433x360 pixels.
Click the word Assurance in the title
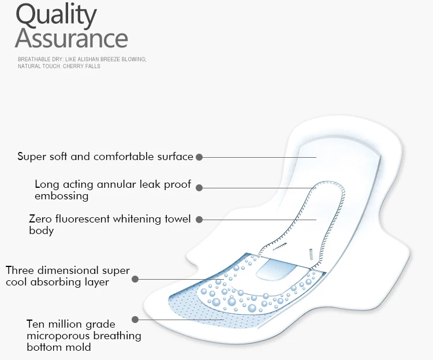[72, 38]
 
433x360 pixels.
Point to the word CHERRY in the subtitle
[72, 66]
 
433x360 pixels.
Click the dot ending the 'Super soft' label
[199, 157]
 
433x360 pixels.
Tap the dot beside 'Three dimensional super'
[135, 279]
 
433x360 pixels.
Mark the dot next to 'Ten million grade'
[135, 319]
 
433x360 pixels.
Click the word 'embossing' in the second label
[61, 196]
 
